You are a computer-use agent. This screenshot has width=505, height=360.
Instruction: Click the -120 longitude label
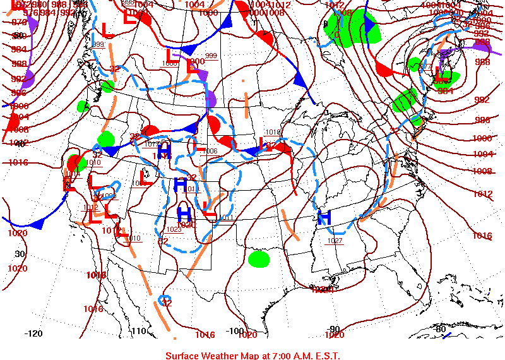pyautogui.click(x=33, y=333)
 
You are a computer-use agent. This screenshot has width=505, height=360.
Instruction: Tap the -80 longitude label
pyautogui.click(x=440, y=329)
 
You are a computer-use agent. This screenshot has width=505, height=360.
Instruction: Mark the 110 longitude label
pyautogui.click(x=138, y=331)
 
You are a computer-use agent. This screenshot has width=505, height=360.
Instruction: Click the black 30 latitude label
pyautogui.click(x=20, y=254)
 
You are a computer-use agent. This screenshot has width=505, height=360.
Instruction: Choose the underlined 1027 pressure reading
pyautogui.click(x=335, y=241)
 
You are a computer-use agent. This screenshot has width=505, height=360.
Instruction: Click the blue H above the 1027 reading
pyautogui.click(x=324, y=218)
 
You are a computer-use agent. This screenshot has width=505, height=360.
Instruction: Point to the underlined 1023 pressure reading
pyautogui.click(x=174, y=230)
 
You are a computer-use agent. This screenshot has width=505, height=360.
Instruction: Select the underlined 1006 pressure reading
pyautogui.click(x=210, y=152)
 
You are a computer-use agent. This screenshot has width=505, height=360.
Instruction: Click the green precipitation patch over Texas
pyautogui.click(x=258, y=258)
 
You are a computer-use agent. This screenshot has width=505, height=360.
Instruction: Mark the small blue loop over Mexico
pyautogui.click(x=165, y=298)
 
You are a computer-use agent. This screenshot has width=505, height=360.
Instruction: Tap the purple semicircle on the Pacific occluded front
pyautogui.click(x=28, y=79)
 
